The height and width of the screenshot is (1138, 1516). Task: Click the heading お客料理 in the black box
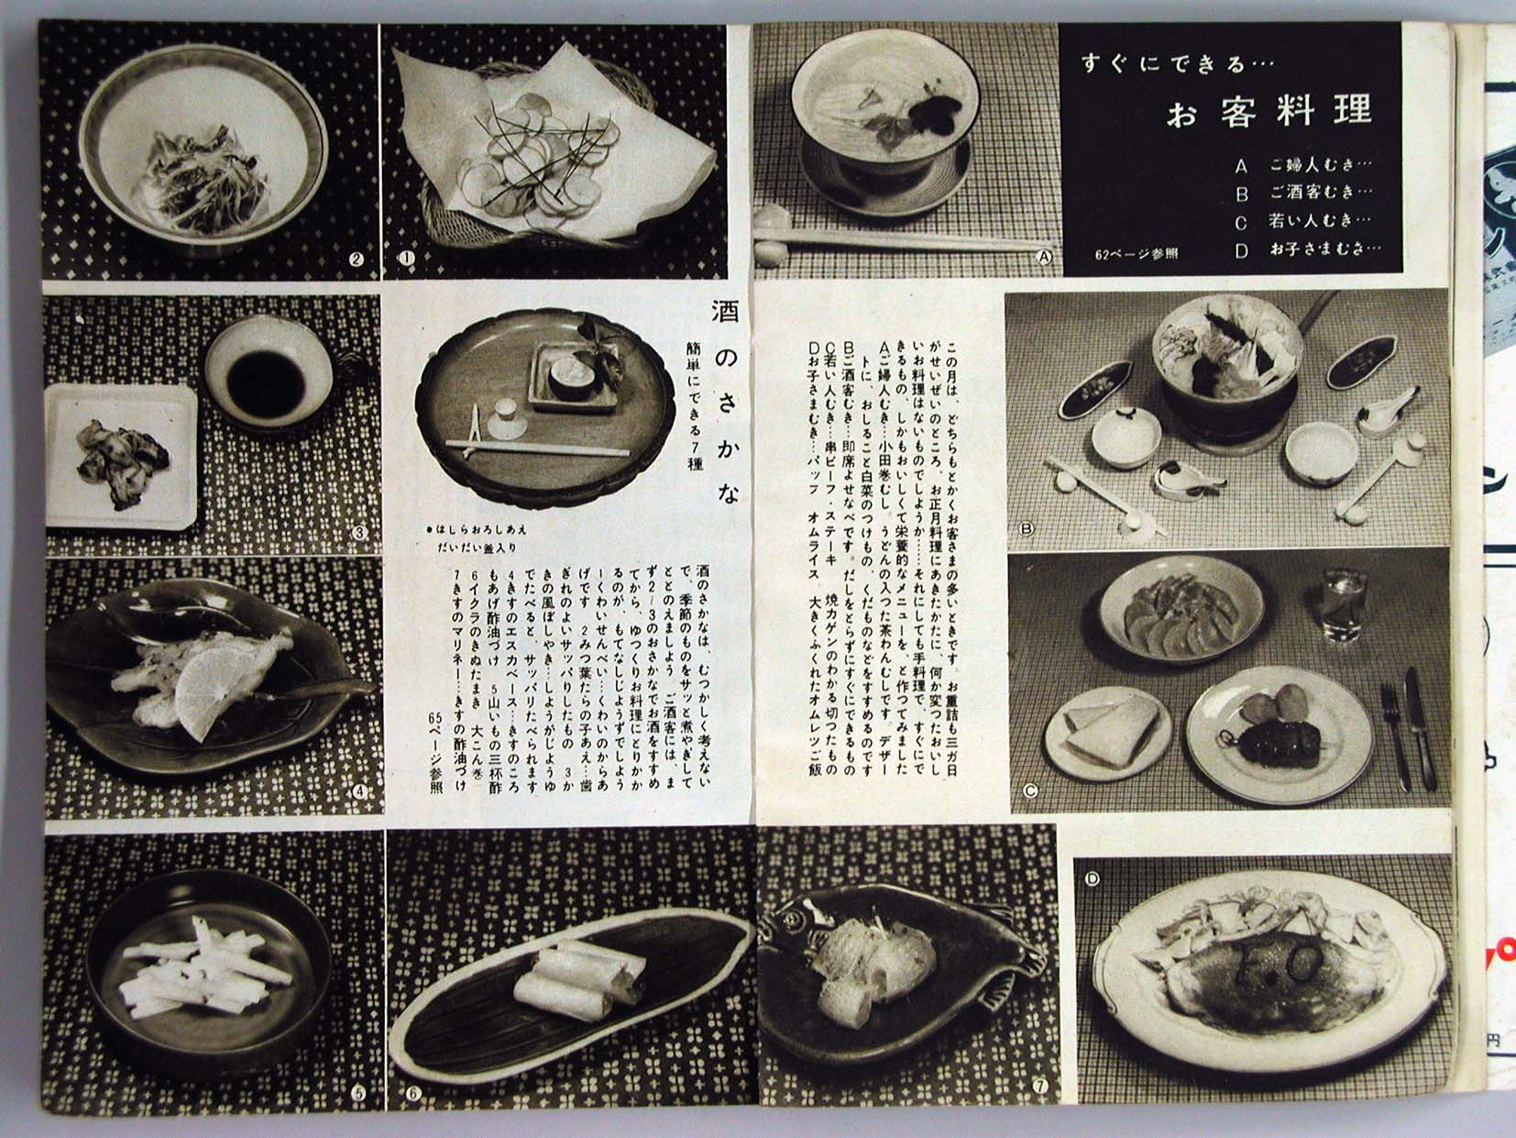[x=1269, y=112]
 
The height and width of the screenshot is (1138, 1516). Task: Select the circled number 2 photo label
[x=357, y=259]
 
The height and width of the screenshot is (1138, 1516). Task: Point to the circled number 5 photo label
[x=357, y=1093]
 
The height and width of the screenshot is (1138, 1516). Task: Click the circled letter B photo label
[x=1027, y=529]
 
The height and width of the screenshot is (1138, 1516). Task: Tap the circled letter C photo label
[x=1029, y=790]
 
